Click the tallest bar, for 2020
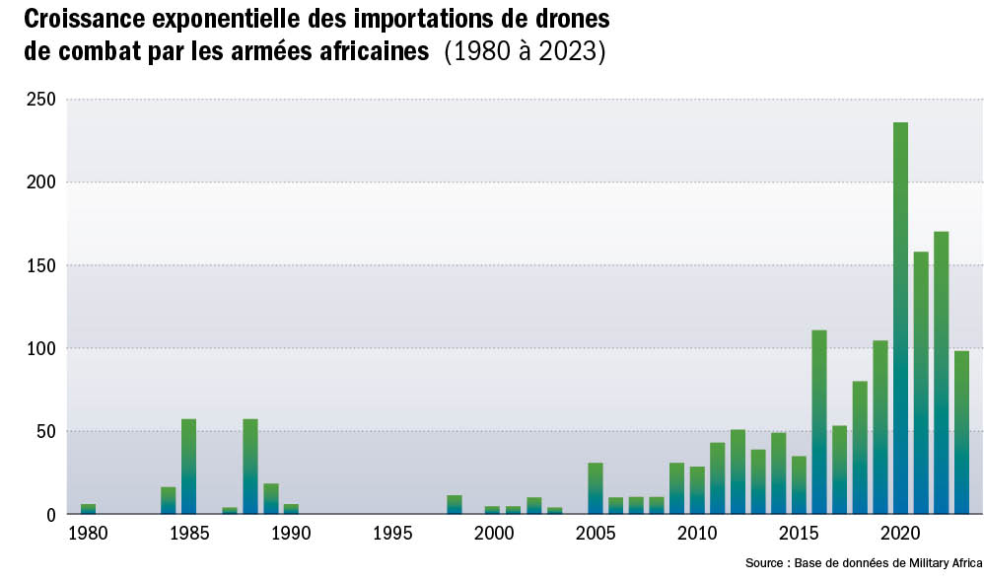coord(900,318)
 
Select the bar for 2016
coord(818,422)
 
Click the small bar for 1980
coord(88,509)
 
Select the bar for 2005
coord(595,488)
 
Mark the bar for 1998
coord(454,504)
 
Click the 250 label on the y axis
coord(39,100)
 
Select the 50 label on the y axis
coord(43,431)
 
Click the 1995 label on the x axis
coord(392,534)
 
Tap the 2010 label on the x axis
coord(697,534)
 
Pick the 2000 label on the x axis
coord(494,534)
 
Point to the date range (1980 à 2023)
coord(525,51)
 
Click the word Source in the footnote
coord(767,563)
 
